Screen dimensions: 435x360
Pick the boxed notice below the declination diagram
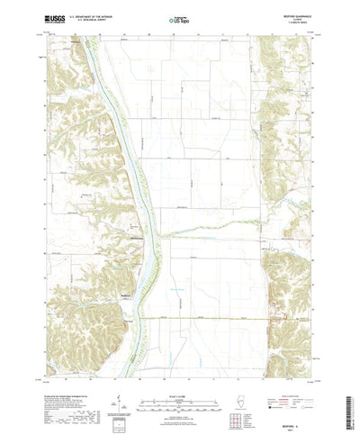tap(119, 406)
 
